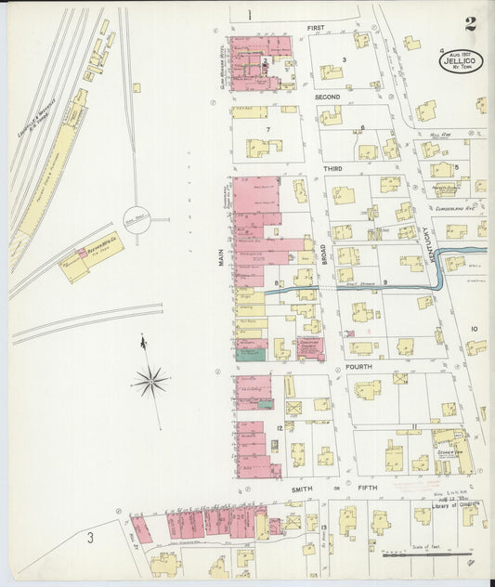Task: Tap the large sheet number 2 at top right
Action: pos(472,23)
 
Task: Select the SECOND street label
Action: pos(327,97)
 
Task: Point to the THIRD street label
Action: pos(332,168)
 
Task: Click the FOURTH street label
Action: pos(358,367)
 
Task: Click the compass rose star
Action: pos(150,381)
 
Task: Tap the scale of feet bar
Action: pos(423,556)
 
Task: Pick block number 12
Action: pos(279,427)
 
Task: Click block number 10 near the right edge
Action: pos(474,329)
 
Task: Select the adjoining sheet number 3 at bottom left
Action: pos(90,538)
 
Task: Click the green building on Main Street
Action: pos(247,354)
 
